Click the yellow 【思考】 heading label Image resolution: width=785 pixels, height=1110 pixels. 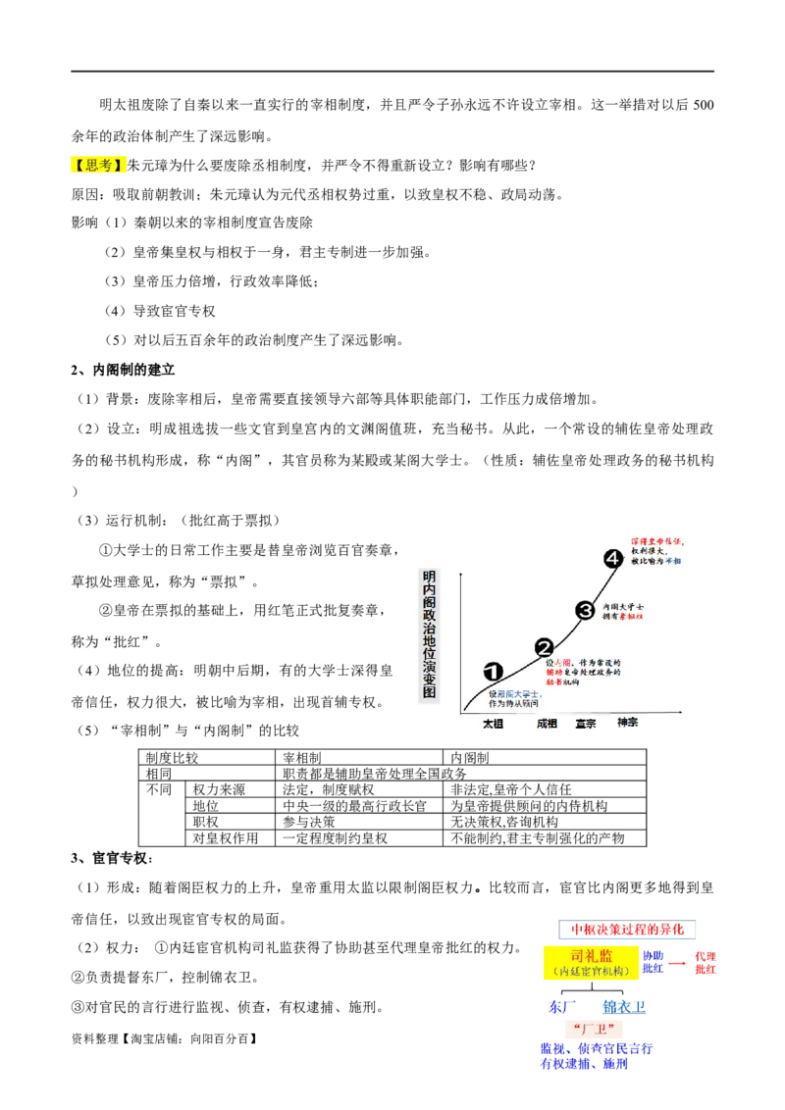(99, 166)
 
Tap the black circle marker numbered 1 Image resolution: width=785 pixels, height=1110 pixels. (494, 672)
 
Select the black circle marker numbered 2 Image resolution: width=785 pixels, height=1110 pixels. (545, 647)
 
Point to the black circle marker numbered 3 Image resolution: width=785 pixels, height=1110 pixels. (585, 610)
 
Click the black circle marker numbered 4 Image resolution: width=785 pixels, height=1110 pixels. (613, 558)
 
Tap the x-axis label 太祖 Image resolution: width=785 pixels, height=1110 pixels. (493, 724)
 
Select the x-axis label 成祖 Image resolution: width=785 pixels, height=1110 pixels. (547, 724)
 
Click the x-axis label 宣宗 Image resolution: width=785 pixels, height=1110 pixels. (586, 724)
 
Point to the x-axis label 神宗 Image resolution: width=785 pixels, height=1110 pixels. (627, 723)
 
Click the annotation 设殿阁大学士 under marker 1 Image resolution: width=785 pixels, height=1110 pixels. (515, 693)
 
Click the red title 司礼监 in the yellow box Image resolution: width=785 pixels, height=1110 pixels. (592, 955)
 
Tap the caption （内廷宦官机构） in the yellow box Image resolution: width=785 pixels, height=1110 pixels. (592, 971)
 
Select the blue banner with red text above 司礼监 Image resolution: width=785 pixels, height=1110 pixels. (628, 928)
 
